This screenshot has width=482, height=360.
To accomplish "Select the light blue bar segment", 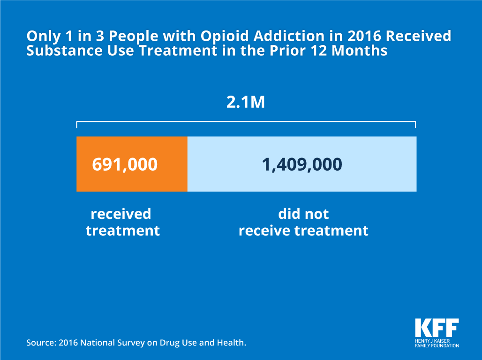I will coord(301,180).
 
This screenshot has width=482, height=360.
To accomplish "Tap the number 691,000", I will coord(125,165).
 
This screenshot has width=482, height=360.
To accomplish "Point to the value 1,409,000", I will coord(302,165).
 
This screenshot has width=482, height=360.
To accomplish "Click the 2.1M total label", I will coord(246,103).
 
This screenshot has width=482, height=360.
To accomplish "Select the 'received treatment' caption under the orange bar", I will coord(122,222).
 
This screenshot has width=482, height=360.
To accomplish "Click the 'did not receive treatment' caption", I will coord(303,222).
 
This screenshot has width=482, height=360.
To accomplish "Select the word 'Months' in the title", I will coord(360,51).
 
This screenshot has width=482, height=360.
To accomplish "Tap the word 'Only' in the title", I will coord(40,36).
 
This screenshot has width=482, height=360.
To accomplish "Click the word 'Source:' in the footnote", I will coord(41,343).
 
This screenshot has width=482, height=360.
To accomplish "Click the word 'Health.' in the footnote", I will coord(233,343).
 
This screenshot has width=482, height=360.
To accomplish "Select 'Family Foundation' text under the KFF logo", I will coord(437,345).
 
